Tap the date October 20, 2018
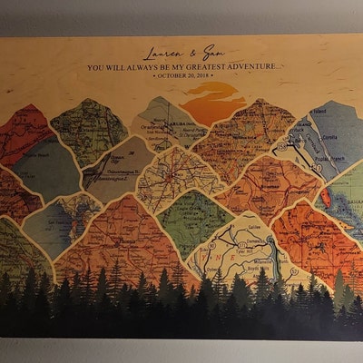pos(183,76)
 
